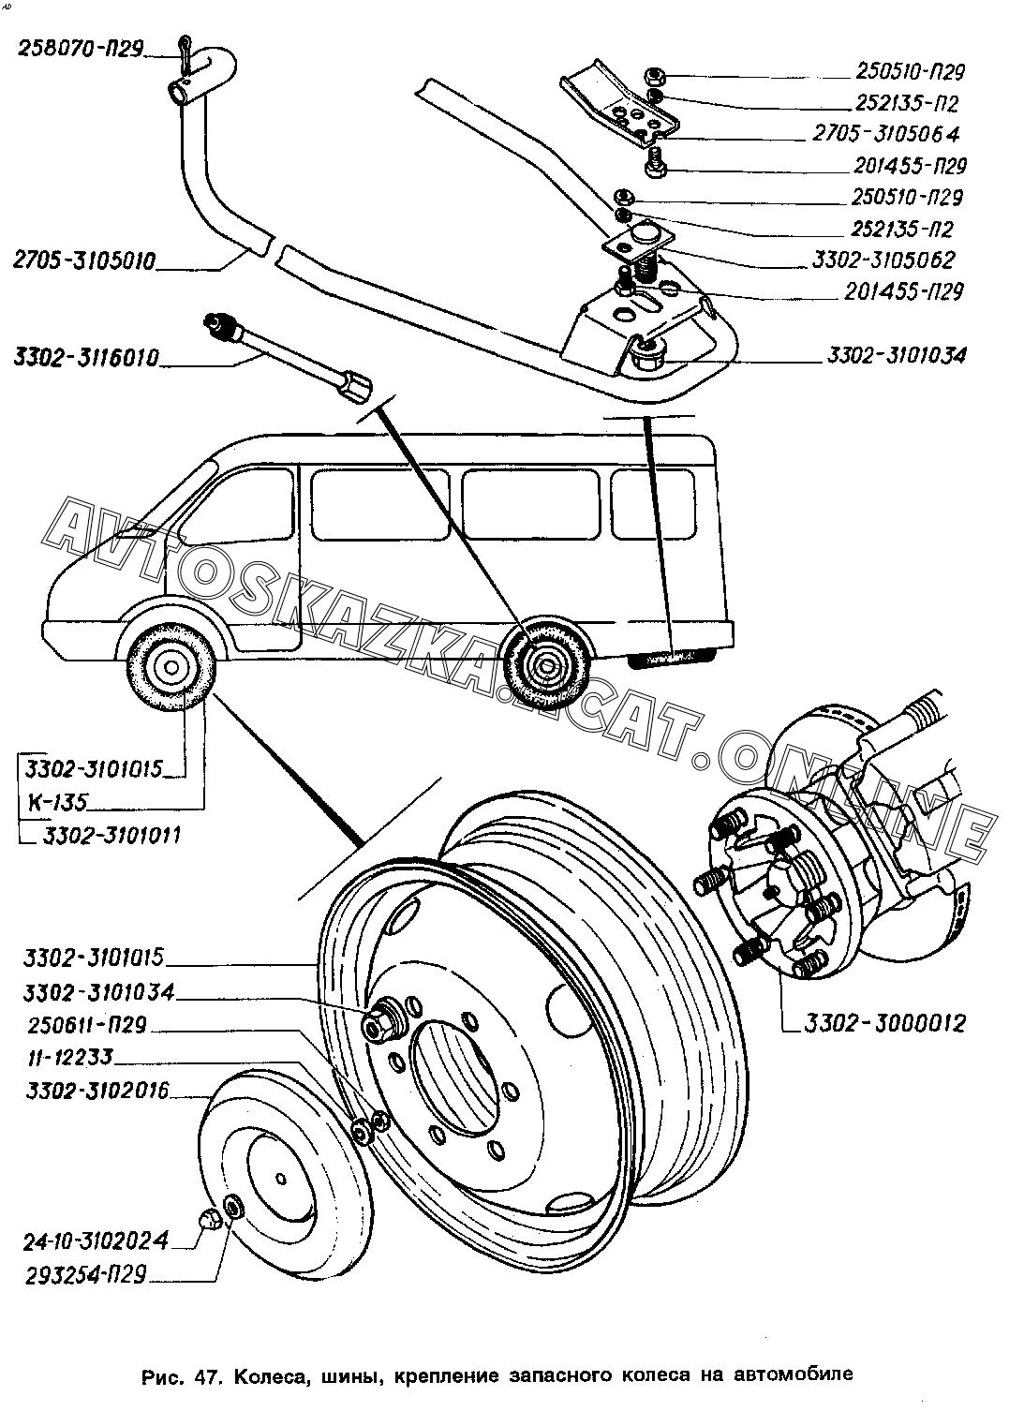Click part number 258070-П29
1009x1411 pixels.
pos(81,49)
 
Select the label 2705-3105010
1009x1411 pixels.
pos(83,260)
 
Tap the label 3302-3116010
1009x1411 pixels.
pos(86,358)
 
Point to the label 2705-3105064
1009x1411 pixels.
pos(885,134)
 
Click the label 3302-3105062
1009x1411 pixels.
pos(883,260)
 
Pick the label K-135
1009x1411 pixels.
pos(57,802)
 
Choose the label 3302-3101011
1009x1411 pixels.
pos(111,835)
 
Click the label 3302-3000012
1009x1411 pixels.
pos(884,1023)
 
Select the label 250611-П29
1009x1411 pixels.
pos(87,1025)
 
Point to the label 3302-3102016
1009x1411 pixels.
pos(97,1091)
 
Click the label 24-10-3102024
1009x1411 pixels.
pos(96,1240)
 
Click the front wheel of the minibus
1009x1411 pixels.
pos(171,667)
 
